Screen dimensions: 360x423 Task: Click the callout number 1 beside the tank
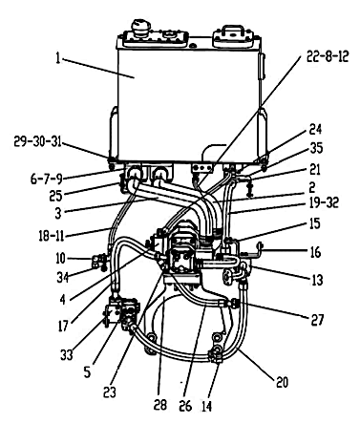point(57,59)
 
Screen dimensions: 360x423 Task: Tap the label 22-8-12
point(328,56)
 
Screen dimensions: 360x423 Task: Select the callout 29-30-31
point(37,141)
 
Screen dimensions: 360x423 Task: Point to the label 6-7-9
point(47,179)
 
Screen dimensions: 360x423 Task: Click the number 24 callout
point(315,130)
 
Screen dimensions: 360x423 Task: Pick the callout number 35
point(316,148)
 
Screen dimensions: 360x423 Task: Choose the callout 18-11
point(52,236)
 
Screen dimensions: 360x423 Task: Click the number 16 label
point(315,253)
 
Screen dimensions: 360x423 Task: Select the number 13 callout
point(317,280)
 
